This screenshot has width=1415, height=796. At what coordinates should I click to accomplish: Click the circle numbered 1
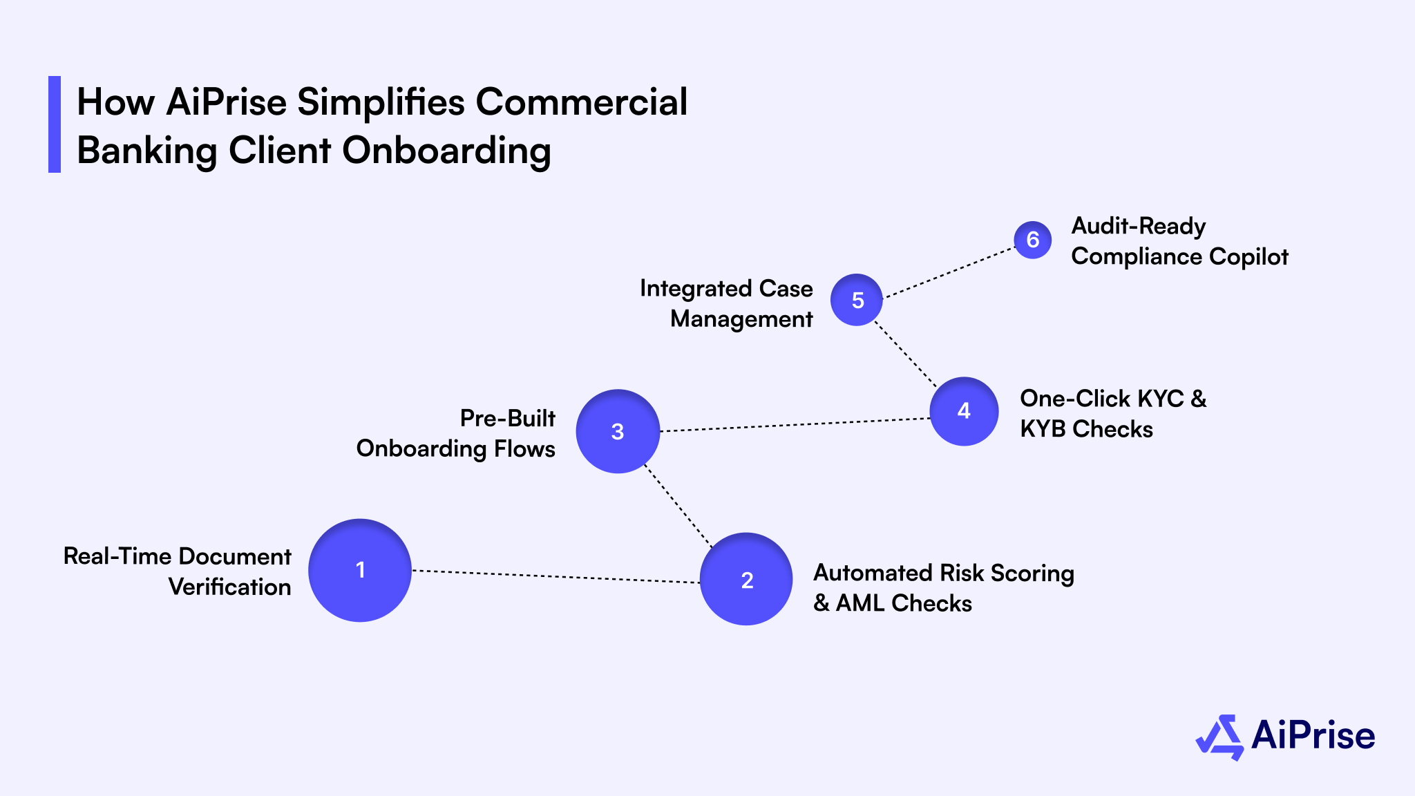(x=360, y=570)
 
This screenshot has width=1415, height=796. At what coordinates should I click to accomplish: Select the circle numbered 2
(x=746, y=579)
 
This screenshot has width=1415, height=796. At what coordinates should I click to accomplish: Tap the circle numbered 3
(x=618, y=431)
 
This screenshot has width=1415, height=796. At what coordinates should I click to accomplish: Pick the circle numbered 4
(x=964, y=411)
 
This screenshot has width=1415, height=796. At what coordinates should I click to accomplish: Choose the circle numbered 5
(x=857, y=300)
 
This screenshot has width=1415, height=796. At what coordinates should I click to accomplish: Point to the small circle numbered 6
(x=1033, y=240)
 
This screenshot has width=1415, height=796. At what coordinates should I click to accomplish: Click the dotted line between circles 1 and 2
(x=556, y=576)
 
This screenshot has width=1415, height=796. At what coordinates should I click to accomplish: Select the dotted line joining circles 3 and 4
(x=795, y=425)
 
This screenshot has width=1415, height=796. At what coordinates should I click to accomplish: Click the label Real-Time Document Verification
(x=178, y=571)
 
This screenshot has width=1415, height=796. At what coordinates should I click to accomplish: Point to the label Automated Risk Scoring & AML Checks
(x=943, y=588)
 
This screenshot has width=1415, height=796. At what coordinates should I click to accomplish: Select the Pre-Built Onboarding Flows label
(x=456, y=434)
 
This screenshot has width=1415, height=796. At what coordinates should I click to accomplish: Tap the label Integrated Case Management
(x=726, y=303)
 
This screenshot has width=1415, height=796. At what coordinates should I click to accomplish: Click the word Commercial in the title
(x=581, y=102)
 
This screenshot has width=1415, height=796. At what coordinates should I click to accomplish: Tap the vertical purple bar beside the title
(x=55, y=124)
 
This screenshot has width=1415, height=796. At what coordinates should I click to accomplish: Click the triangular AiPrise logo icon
(x=1219, y=737)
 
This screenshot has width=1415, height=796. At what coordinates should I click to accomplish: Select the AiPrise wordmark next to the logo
(x=1313, y=735)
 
